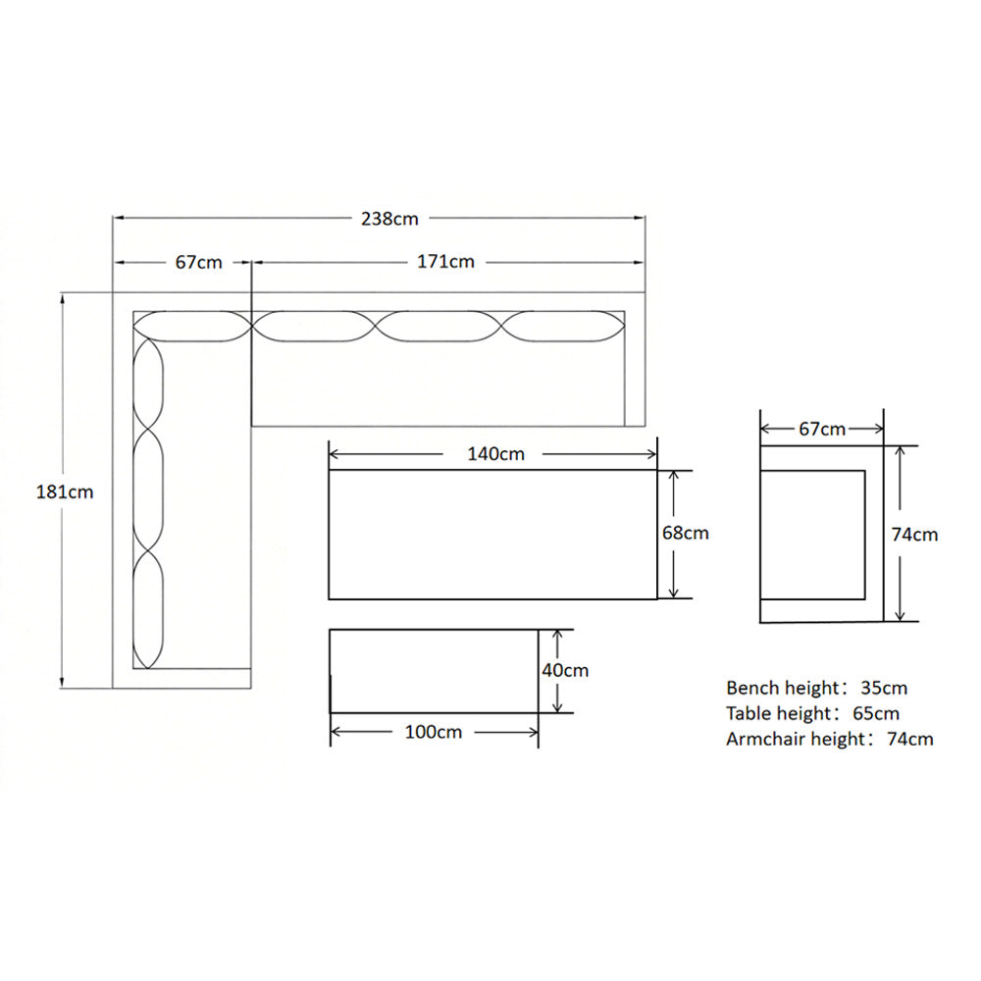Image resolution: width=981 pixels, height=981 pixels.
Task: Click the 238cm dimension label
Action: click(389, 219)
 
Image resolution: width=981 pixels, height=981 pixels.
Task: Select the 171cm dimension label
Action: click(445, 262)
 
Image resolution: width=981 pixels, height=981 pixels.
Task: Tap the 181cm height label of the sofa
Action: click(65, 491)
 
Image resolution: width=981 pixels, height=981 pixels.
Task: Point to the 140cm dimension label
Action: click(495, 453)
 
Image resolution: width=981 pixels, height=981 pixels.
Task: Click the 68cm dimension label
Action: click(685, 533)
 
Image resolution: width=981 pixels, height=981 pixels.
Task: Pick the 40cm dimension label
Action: click(565, 671)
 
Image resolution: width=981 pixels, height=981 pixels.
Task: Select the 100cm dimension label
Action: click(433, 732)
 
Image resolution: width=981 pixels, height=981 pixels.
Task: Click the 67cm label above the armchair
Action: click(821, 430)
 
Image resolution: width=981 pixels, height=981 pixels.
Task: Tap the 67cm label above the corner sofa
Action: click(198, 262)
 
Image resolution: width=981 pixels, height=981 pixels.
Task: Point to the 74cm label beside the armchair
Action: click(914, 535)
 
